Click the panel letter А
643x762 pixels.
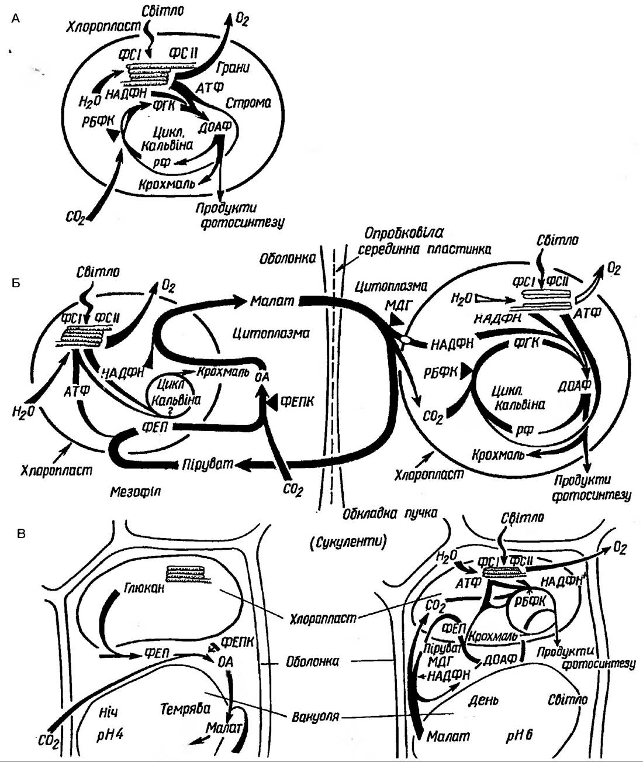click(16, 19)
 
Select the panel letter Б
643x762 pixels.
click(16, 284)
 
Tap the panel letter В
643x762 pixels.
click(21, 533)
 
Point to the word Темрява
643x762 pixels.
click(185, 709)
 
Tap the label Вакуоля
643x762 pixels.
click(315, 716)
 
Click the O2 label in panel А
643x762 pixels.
click(242, 19)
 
